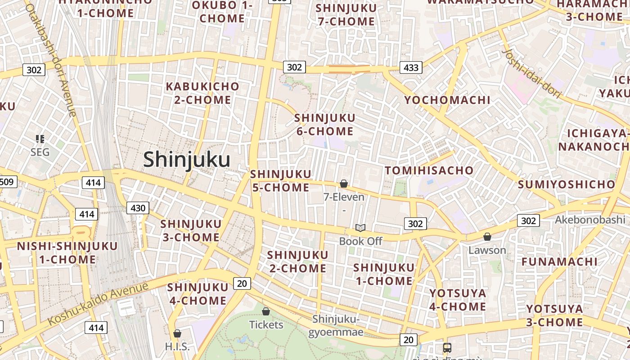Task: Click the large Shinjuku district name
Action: tap(187, 160)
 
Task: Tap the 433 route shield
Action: tap(411, 67)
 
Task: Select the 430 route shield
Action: tap(138, 208)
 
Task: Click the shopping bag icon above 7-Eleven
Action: tap(344, 184)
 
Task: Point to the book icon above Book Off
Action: tap(360, 228)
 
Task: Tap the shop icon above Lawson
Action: tap(487, 237)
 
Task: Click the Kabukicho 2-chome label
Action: tap(202, 93)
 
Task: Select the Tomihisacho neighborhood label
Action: tap(429, 170)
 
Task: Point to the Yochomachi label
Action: tap(447, 100)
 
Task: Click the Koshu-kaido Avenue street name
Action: tap(98, 303)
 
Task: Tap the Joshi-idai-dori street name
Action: tap(531, 74)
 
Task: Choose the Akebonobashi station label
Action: tap(590, 220)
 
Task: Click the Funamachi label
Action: tap(559, 261)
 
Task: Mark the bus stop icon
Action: tap(447, 347)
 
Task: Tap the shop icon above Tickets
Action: tap(266, 311)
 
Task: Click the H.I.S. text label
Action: tap(177, 346)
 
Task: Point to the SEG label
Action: tap(40, 152)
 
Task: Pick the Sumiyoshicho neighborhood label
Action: tap(566, 184)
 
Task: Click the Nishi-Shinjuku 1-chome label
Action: tap(67, 253)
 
